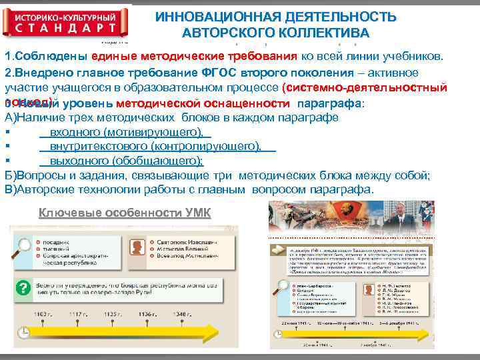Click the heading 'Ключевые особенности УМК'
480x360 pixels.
click(x=125, y=213)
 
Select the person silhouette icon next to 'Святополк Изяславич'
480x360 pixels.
click(x=138, y=247)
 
